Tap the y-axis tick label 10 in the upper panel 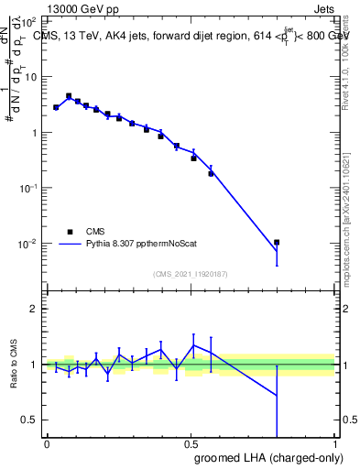[29, 76]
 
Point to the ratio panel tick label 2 [34, 308]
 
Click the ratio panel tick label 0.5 [29, 420]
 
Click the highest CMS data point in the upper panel [69, 95]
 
